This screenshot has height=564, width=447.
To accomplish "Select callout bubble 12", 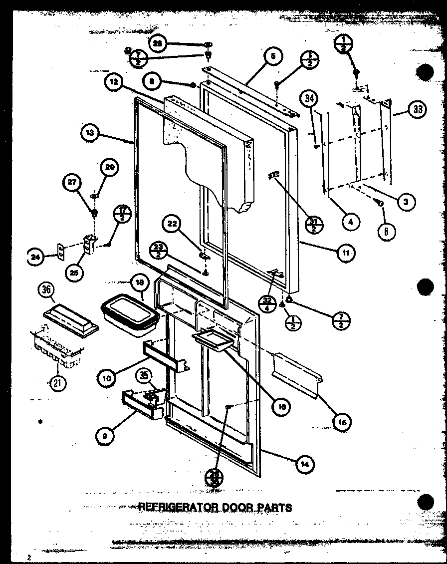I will (114, 84).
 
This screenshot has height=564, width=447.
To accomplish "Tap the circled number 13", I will (90, 133).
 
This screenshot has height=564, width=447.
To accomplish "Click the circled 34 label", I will (310, 99).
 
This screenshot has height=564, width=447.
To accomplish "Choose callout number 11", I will (345, 253).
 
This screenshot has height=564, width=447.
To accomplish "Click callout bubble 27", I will (73, 182).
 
